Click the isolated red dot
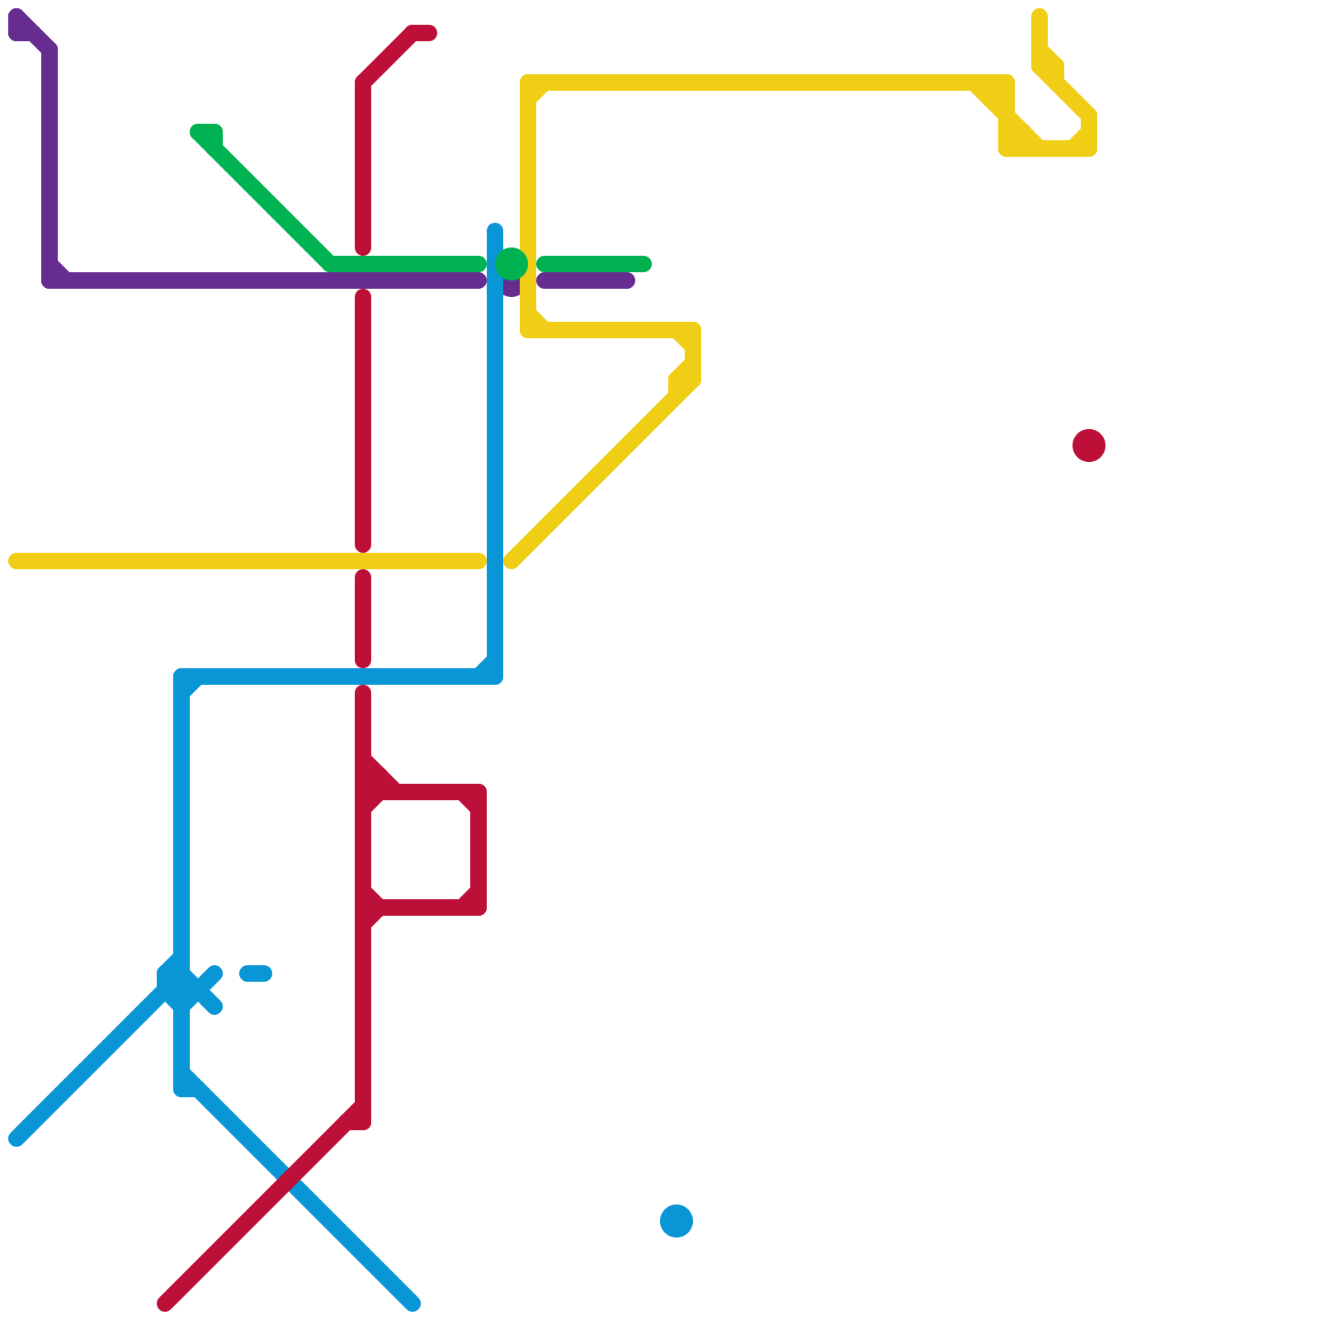click(1089, 445)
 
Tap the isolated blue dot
click(676, 1221)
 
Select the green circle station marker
click(511, 264)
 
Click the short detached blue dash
click(256, 973)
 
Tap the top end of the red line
click(427, 33)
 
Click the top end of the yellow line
click(1039, 16)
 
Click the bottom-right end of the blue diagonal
click(412, 1303)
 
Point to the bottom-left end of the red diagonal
click(165, 1303)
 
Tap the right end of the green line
click(644, 264)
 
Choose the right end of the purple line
click(628, 280)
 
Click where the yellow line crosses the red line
click(363, 561)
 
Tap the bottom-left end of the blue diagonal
click(16, 1138)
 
